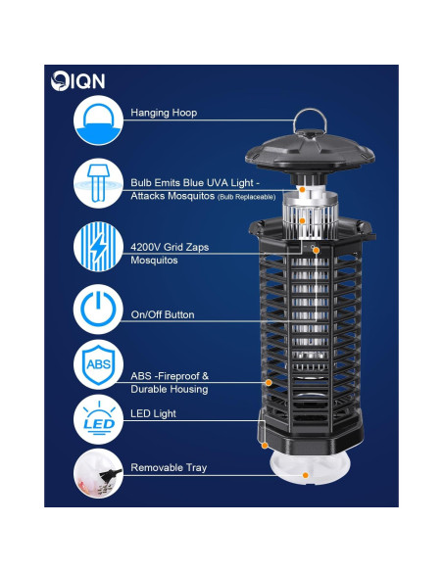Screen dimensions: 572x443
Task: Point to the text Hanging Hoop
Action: pos(164,113)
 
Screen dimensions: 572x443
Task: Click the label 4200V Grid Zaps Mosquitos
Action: pos(169,254)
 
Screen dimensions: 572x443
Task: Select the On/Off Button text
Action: pos(163,314)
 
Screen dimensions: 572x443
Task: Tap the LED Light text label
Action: pos(153,413)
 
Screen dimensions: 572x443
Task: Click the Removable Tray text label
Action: pos(169,468)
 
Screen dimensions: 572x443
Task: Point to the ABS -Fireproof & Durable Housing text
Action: pos(169,382)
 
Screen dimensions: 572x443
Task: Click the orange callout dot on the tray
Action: pos(307,475)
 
